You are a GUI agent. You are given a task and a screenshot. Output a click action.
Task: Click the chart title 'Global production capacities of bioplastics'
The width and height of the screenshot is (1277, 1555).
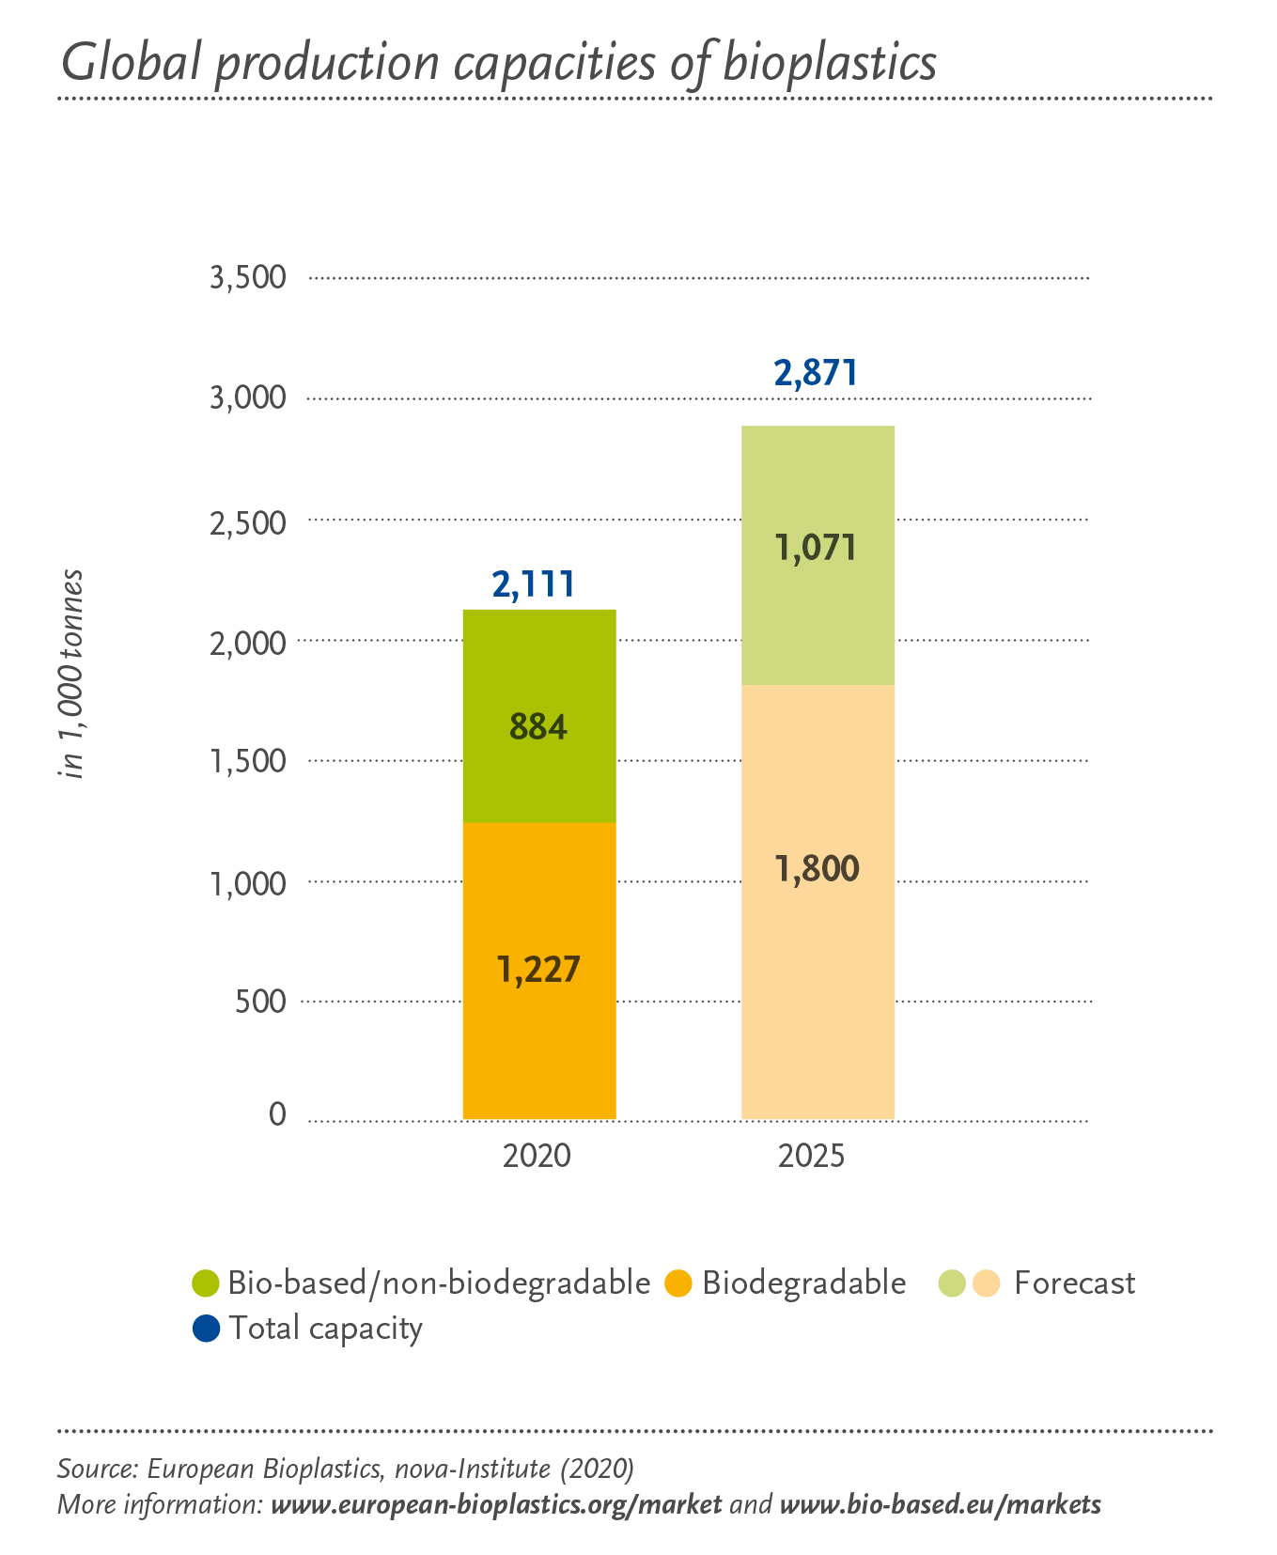click(498, 64)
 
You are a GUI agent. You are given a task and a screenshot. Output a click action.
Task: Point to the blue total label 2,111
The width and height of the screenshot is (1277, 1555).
click(533, 585)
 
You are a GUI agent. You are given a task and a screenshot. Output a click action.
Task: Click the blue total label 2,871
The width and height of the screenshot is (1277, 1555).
click(816, 374)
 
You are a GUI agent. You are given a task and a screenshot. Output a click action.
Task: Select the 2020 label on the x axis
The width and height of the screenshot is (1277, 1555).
click(537, 1156)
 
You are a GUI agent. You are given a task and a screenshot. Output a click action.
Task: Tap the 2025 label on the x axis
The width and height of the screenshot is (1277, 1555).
click(811, 1156)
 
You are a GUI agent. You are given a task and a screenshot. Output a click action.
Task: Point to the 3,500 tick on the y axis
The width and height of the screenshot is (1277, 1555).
click(248, 278)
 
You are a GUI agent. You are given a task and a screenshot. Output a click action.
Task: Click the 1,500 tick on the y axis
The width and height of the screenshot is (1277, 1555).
click(248, 761)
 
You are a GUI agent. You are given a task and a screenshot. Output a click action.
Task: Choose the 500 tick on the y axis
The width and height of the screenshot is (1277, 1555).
click(261, 1002)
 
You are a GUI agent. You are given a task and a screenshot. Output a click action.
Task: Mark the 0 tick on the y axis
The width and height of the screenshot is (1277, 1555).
click(277, 1114)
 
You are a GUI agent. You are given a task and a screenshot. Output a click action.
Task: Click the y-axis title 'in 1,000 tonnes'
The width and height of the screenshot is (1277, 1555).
click(71, 674)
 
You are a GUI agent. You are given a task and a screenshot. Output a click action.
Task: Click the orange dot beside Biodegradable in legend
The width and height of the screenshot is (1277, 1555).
click(678, 1283)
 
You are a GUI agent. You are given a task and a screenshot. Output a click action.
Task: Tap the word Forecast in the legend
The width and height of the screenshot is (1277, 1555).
click(1074, 1283)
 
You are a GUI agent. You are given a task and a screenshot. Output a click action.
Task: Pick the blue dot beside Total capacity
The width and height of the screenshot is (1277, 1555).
click(206, 1328)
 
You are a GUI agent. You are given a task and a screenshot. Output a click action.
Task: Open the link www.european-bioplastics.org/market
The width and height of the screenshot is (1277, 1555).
click(496, 1504)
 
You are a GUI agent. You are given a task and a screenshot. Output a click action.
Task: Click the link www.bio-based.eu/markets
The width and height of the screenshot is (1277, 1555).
click(940, 1504)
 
